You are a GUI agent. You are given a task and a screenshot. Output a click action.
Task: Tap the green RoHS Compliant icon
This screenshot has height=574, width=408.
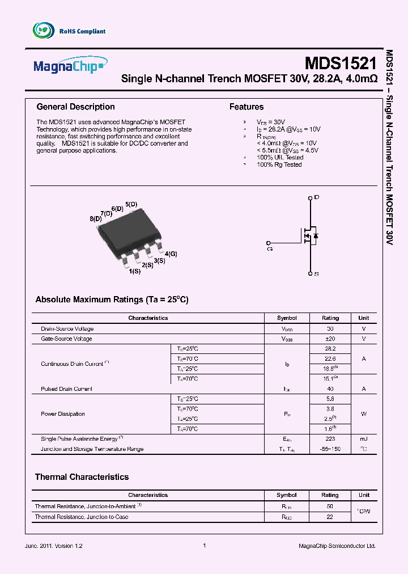tap(42, 31)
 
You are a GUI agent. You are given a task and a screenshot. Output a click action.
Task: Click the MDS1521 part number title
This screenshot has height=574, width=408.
tap(340, 62)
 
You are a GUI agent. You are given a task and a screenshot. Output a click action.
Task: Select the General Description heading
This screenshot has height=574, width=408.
tap(75, 107)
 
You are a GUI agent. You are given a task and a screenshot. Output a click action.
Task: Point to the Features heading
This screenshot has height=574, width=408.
tap(246, 107)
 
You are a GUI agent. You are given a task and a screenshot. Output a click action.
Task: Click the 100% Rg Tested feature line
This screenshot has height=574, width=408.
tap(279, 164)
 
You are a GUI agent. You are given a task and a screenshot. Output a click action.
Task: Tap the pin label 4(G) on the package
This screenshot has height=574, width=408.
tap(171, 254)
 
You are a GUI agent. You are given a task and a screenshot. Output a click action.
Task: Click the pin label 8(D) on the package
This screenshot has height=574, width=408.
tap(95, 218)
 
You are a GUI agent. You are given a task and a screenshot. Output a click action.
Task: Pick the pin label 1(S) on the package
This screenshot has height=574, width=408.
tap(134, 272)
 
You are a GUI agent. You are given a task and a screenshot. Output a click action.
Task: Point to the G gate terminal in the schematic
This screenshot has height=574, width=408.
tap(269, 247)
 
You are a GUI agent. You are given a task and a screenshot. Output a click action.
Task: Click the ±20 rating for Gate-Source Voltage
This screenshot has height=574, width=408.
tap(330, 339)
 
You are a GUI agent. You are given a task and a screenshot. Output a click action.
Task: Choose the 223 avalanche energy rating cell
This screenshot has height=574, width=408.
tap(330, 439)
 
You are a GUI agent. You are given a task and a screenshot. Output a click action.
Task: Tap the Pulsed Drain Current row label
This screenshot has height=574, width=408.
tap(66, 389)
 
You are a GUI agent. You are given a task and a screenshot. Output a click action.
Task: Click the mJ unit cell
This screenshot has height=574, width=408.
tap(364, 439)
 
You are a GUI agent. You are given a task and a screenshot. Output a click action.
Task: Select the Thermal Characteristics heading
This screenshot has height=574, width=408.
tap(82, 477)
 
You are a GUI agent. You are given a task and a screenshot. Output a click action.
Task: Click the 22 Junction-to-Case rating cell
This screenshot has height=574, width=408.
tap(330, 517)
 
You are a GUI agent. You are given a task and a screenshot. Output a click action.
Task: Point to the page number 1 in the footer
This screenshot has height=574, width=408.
tap(204, 546)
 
